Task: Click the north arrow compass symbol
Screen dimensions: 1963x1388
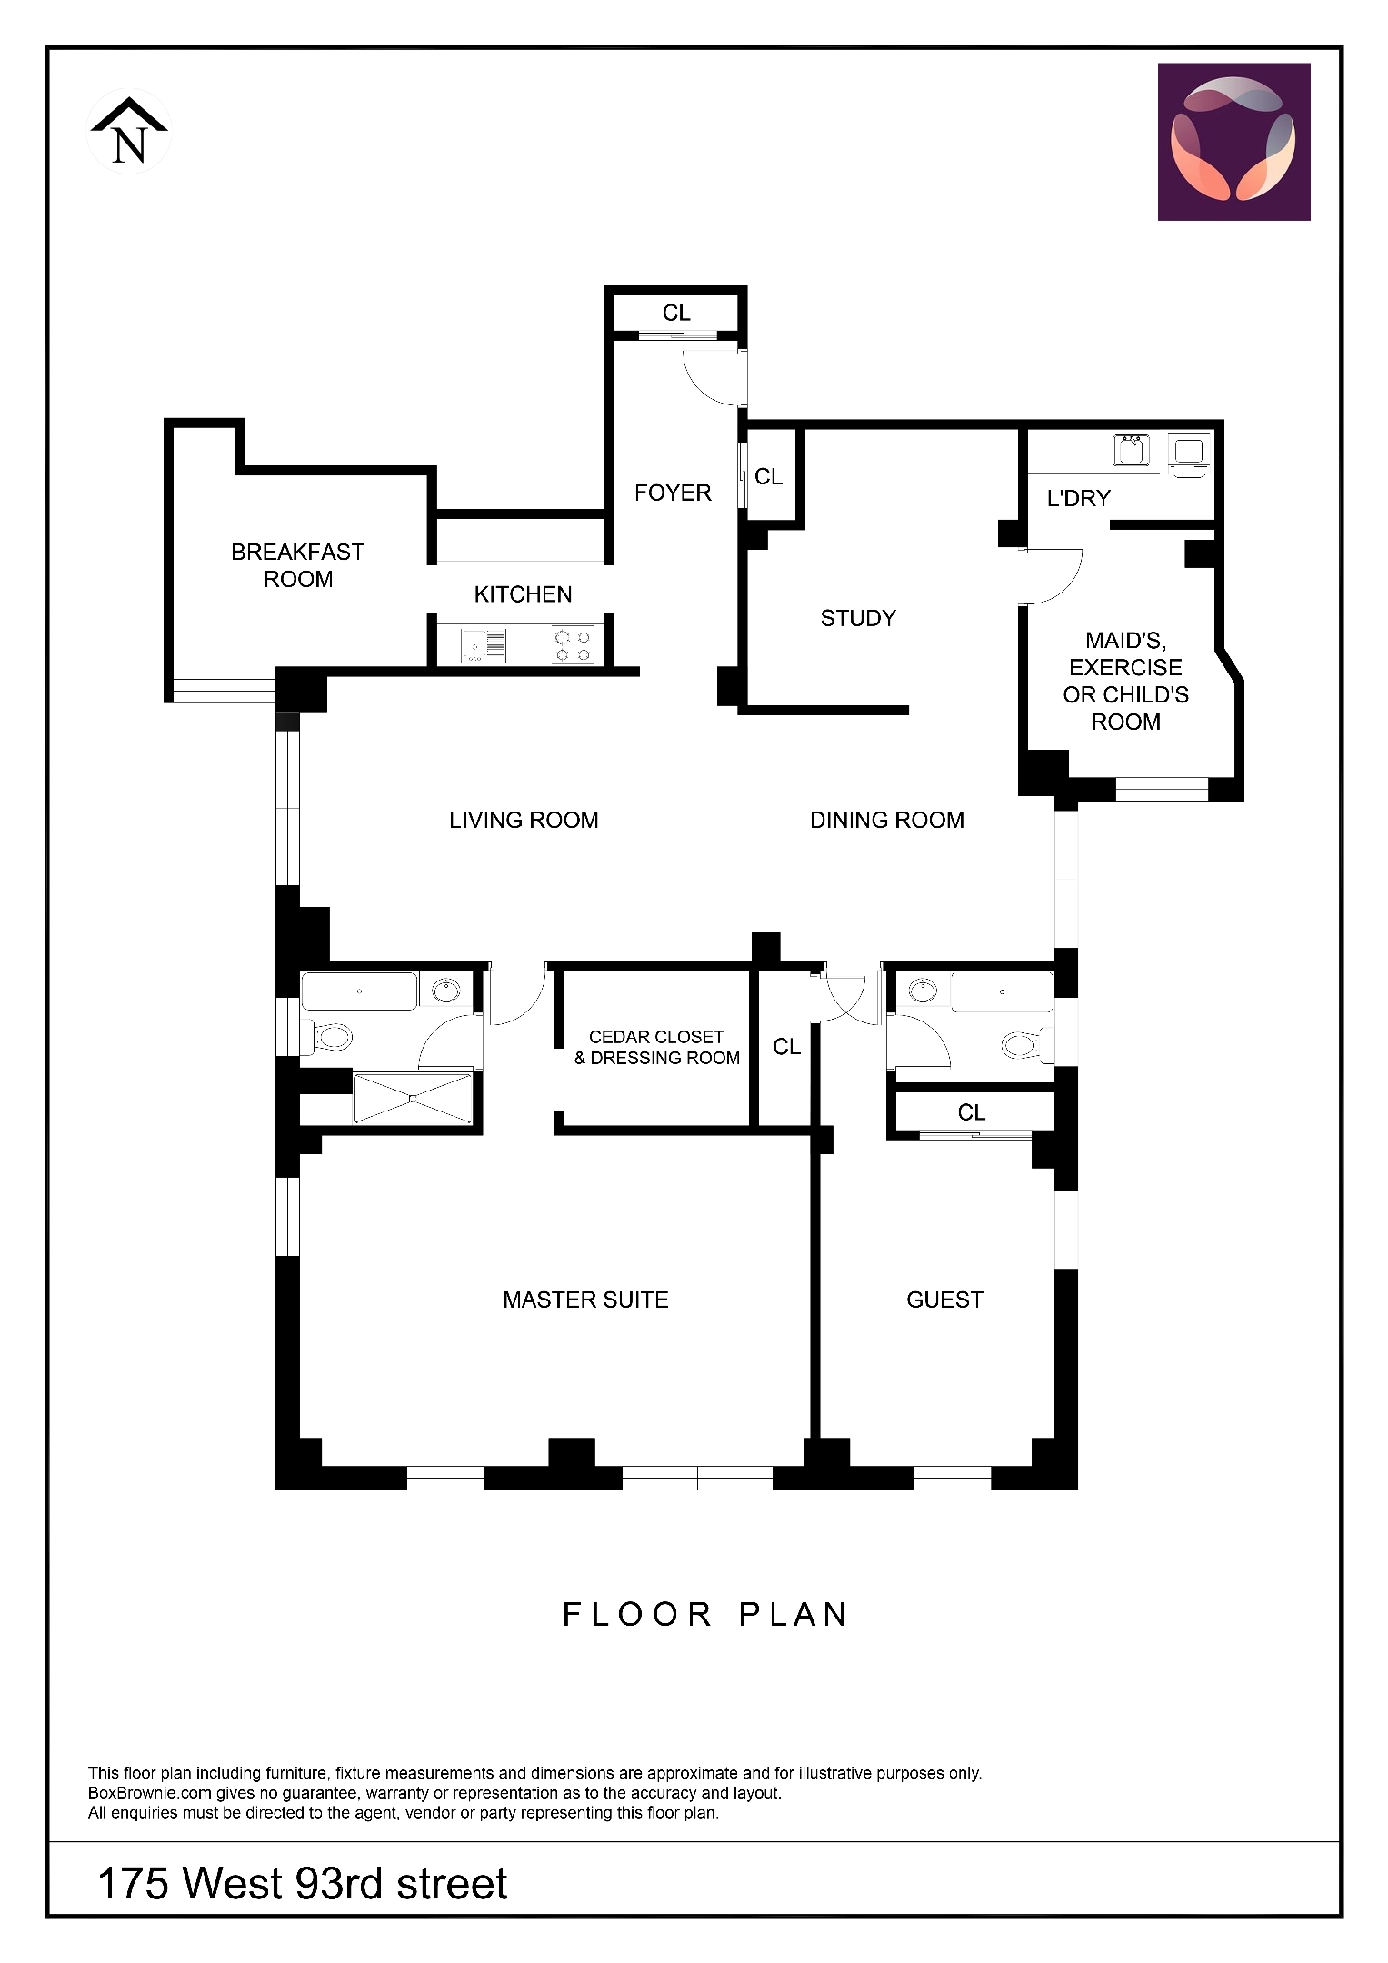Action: [129, 133]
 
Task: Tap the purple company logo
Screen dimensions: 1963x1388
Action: [1233, 142]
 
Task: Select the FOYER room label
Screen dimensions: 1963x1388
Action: [672, 493]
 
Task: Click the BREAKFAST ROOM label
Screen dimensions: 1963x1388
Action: [297, 565]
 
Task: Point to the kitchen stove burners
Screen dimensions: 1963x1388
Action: [573, 646]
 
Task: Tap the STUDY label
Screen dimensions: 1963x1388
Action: [857, 618]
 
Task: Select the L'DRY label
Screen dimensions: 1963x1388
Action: [1078, 498]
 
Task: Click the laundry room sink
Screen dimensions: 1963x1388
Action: [1132, 451]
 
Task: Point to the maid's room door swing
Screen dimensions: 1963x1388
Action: [1054, 578]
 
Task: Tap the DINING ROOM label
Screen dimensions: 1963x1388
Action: [886, 820]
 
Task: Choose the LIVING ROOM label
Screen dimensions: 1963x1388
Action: [524, 820]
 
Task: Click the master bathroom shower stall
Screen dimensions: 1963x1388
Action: [413, 1099]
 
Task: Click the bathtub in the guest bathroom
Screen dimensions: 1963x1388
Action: [1002, 991]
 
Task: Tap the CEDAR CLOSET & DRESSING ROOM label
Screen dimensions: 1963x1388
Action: [656, 1047]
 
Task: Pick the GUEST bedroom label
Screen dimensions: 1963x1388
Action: [944, 1300]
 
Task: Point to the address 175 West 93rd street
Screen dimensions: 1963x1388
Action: [302, 1884]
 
